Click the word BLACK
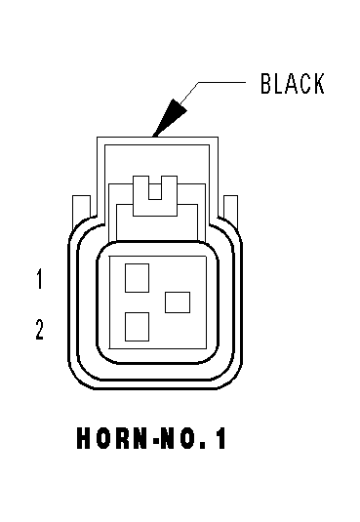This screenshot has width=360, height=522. pyautogui.click(x=293, y=83)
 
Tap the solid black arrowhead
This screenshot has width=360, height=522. pyautogui.click(x=170, y=117)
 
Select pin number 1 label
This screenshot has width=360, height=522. pyautogui.click(x=40, y=279)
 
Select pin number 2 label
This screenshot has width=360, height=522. pyautogui.click(x=40, y=329)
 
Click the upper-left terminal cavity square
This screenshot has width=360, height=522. pyautogui.click(x=137, y=278)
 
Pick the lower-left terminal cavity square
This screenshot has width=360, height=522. pyautogui.click(x=137, y=327)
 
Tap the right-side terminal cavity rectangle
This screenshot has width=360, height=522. pyautogui.click(x=178, y=302)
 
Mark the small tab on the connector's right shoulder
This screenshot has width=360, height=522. pyautogui.click(x=231, y=209)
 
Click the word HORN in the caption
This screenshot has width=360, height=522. pyautogui.click(x=112, y=438)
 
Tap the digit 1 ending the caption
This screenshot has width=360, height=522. pyautogui.click(x=220, y=438)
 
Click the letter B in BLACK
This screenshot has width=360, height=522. pyautogui.click(x=266, y=83)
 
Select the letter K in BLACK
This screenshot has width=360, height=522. pyautogui.click(x=319, y=83)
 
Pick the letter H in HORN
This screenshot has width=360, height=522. pyautogui.click(x=84, y=438)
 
